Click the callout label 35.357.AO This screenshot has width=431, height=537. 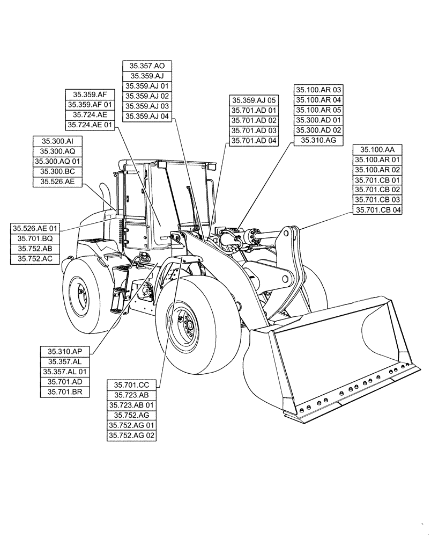coord(147,66)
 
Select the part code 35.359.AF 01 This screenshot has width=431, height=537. coord(90,104)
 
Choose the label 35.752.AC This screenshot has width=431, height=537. coord(35,259)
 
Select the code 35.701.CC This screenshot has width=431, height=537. coord(132,384)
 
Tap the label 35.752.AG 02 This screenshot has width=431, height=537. coord(132,436)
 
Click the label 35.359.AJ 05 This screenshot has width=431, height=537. coord(254,100)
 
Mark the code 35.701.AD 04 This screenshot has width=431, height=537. coord(254,141)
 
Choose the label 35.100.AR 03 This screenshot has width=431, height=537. coord(318,90)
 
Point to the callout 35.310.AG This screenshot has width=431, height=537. coord(318,141)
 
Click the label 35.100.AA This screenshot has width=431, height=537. coord(377,149)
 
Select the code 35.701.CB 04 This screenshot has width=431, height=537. coord(377,210)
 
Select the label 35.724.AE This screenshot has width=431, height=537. coord(90,114)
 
